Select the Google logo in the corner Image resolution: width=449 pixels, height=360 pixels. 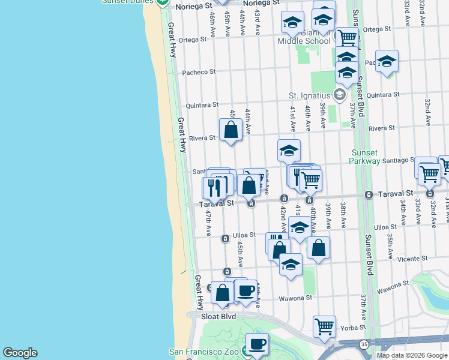pos(20,353)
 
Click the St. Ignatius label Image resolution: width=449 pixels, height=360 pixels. pos(309,95)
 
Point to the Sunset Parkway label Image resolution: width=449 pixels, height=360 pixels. pos(365,157)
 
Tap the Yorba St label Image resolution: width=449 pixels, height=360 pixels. pos(354,328)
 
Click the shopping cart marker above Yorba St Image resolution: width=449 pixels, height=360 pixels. pos(324,326)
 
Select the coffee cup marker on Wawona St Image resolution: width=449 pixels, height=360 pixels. pos(245,291)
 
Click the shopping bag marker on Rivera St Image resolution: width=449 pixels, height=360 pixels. pos(231,130)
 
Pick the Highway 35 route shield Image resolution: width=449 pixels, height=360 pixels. pos(364,344)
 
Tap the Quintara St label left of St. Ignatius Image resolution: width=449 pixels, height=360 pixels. pos(200,104)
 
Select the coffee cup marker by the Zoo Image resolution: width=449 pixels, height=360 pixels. pos(257,344)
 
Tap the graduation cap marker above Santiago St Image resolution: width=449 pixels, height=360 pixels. pos(289,151)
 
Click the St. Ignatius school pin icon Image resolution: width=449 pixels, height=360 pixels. pos(340,95)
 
